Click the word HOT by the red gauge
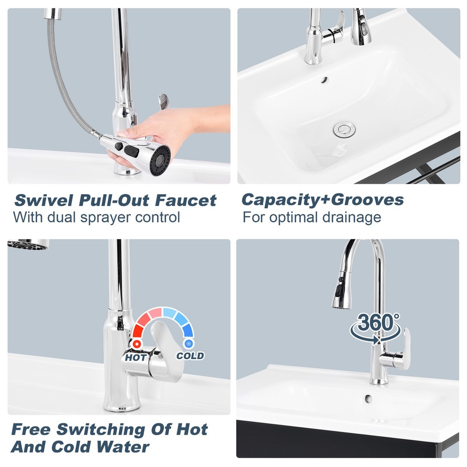tap(136, 357)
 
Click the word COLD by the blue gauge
tap(190, 355)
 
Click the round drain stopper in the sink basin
tap(344, 129)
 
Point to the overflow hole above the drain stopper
tap(324, 80)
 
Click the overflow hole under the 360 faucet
tap(368, 398)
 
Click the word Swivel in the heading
tap(44, 200)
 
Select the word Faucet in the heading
tap(185, 200)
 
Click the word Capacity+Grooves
tap(323, 199)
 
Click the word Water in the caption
tap(123, 447)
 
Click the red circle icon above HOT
tap(137, 344)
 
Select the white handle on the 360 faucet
tap(405, 348)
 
